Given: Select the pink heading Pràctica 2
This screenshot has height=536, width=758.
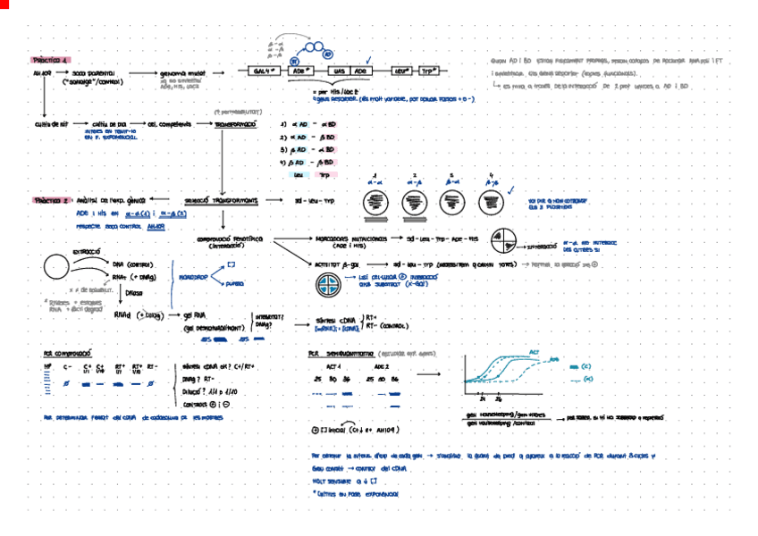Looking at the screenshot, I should [x=50, y=201].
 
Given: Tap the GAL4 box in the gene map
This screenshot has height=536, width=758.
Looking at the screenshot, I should [x=265, y=71].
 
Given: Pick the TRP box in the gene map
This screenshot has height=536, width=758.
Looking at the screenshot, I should [x=429, y=71].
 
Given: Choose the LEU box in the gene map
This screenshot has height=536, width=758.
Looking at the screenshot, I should [x=401, y=71].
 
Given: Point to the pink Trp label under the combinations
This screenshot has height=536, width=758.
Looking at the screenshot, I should [x=324, y=175].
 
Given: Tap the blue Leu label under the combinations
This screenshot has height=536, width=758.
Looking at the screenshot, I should [x=299, y=175].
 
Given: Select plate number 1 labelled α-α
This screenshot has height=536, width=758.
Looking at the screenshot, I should [x=375, y=204].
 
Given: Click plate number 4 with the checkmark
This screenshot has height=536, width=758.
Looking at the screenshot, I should [x=491, y=203].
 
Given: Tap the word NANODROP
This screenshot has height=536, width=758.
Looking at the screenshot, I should [x=195, y=278].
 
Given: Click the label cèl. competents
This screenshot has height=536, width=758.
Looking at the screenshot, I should [x=167, y=124].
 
